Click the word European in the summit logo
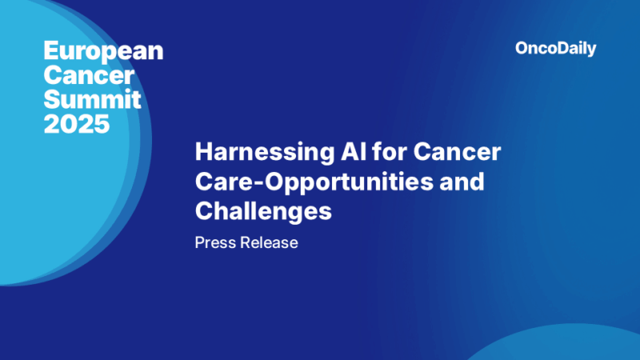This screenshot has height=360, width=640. pos(102,52)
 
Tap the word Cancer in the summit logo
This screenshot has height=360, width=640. pos(87,76)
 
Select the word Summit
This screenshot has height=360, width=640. pos(92,100)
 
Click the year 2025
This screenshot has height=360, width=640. pos(77,124)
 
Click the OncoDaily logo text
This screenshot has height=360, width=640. pos(556,49)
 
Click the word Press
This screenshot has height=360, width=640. pos(214,242)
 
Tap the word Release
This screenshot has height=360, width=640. pos(268,242)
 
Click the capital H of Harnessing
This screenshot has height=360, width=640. pos(203,152)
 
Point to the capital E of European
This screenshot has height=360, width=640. pos(50,52)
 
